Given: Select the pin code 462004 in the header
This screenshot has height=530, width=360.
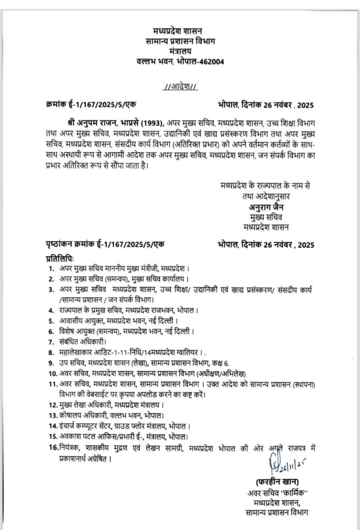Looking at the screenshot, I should point(211,63).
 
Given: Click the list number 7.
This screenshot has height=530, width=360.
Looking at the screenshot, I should point(51,343).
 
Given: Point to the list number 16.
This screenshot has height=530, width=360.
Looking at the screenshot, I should point(52,447).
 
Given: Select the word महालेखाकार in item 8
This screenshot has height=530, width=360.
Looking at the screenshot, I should point(78,352).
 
